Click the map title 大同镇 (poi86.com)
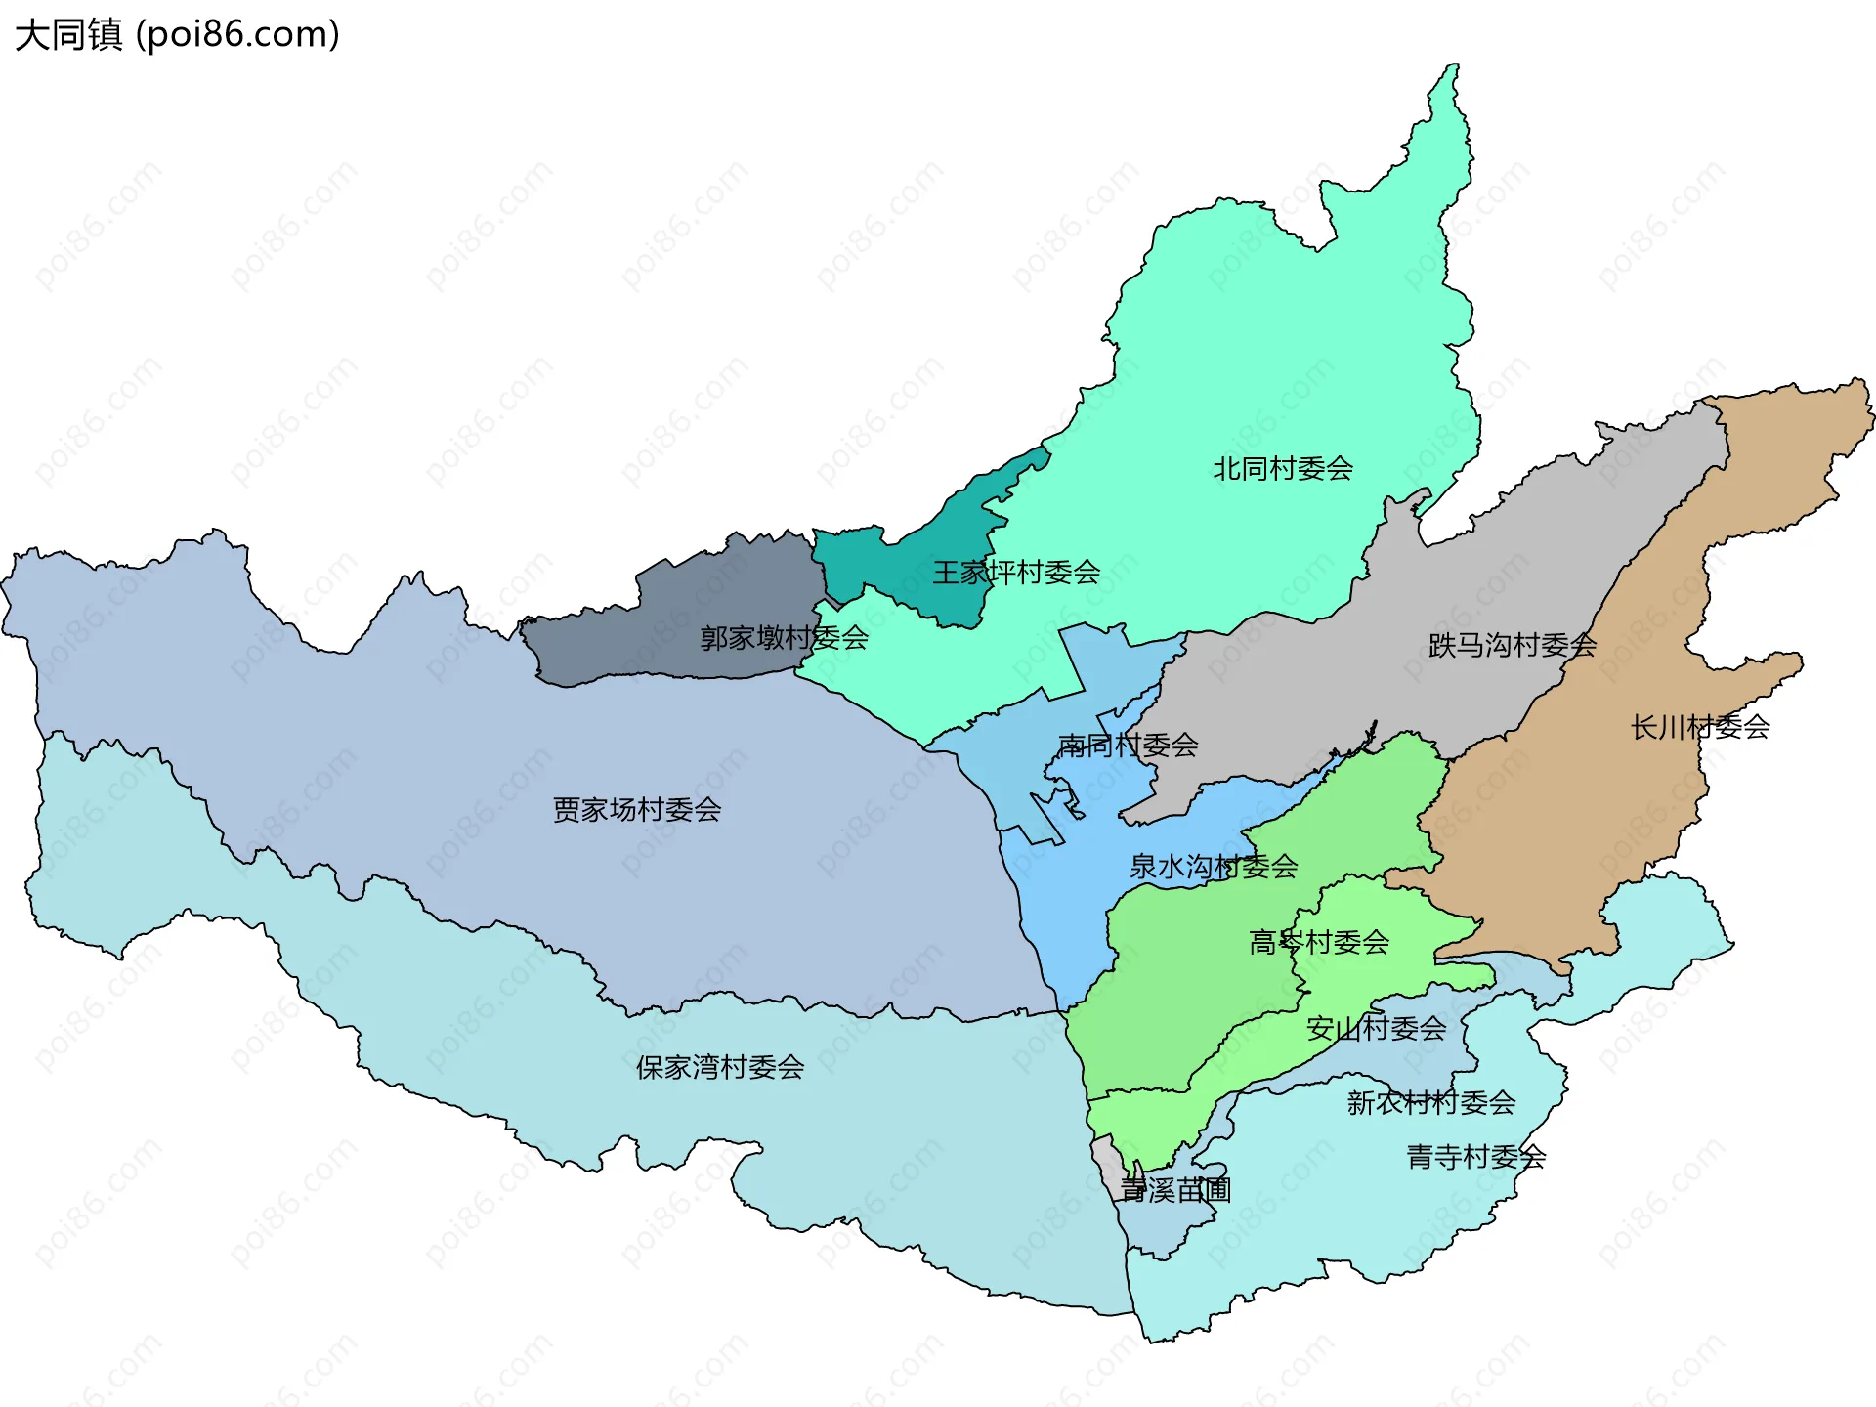coord(177,34)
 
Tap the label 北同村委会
coord(1282,469)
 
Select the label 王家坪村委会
coord(1016,573)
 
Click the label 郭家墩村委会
coord(784,638)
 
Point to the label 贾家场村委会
coord(636,809)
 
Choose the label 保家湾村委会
coord(719,1067)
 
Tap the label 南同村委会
coord(1128,746)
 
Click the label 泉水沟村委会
coord(1214,867)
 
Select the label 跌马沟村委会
coord(1512,645)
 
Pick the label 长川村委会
coord(1699,727)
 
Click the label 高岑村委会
coord(1319,942)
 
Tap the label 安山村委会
coord(1376,1028)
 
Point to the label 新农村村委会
coord(1430,1102)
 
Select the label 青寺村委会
coord(1475,1157)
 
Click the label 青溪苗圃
coord(1174,1190)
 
